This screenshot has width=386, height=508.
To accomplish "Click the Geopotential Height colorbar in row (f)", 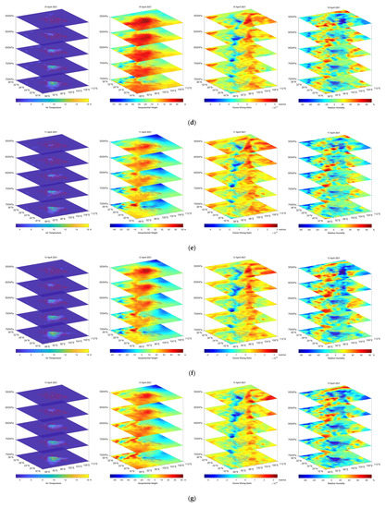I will point(146,353).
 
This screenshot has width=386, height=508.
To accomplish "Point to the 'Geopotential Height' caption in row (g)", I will point(146,486).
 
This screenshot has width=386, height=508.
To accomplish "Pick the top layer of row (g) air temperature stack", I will point(54,400).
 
